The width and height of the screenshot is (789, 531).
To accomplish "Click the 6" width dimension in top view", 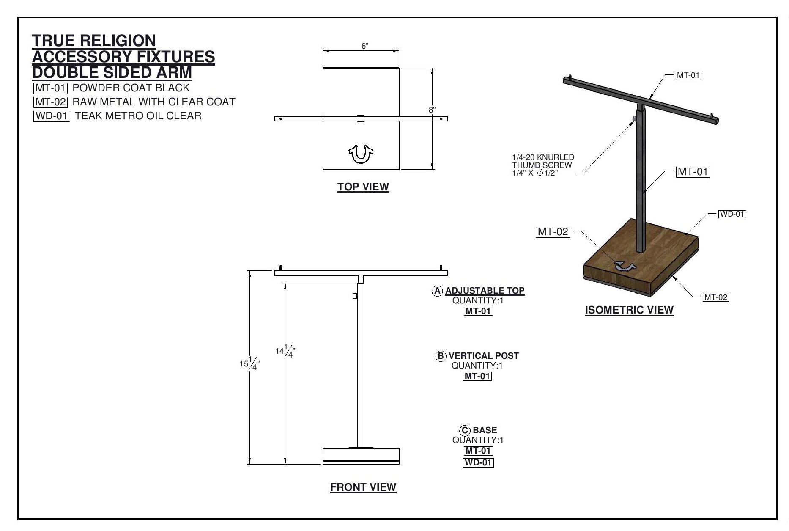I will (365, 46).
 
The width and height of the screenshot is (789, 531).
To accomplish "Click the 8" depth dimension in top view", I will (432, 110).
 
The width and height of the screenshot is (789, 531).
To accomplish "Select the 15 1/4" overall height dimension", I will (249, 364).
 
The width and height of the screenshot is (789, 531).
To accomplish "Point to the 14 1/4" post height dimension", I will (285, 351).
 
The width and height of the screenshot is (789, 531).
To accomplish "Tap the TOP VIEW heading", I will (363, 187).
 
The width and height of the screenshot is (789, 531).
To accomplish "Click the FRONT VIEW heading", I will (363, 487).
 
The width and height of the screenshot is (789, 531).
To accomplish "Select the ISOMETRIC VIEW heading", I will (629, 310).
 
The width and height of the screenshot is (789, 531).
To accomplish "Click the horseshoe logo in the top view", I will (361, 154).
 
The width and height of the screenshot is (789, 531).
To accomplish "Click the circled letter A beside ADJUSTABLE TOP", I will (437, 291).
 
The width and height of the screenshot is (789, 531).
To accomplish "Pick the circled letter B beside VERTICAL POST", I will (441, 356).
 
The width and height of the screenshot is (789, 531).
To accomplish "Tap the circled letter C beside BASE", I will (465, 431).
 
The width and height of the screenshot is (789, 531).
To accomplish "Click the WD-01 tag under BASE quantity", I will (478, 462).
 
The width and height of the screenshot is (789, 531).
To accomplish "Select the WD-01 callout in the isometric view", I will (732, 214).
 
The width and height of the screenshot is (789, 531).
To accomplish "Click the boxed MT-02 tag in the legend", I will (51, 102).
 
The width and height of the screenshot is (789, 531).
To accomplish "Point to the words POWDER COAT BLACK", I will (131, 88).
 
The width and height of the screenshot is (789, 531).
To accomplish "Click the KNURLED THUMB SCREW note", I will (543, 165).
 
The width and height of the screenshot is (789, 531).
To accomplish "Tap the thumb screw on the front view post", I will (355, 296).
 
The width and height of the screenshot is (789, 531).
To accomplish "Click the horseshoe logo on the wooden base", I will (625, 266).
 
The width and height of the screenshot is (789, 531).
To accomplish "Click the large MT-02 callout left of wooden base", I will (553, 232).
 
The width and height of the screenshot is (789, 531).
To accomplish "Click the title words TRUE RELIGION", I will (94, 41).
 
